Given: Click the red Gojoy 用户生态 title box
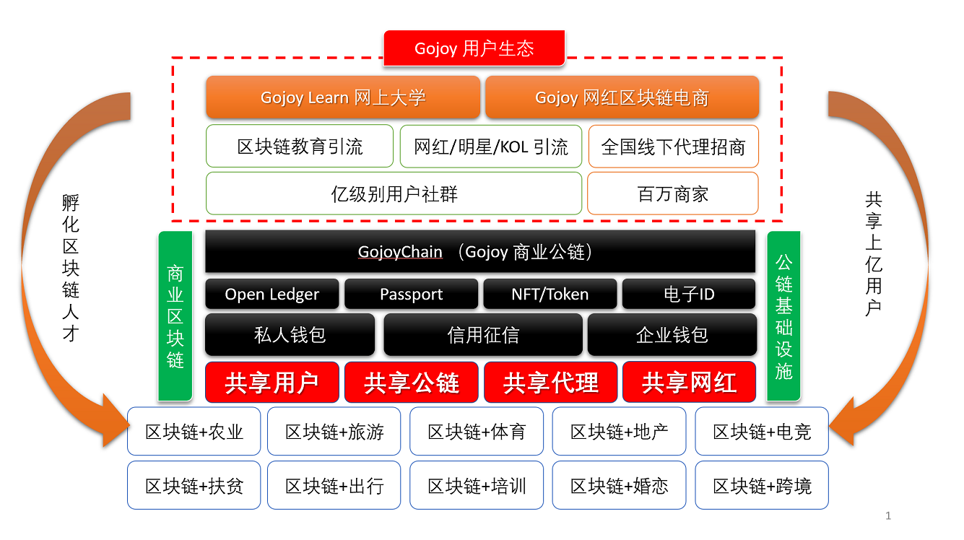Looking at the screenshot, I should click(x=474, y=48).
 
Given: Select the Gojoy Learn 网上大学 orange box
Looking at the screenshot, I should click(x=343, y=97).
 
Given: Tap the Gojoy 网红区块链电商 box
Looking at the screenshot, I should click(x=622, y=97).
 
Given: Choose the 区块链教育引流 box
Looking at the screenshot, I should click(x=300, y=147).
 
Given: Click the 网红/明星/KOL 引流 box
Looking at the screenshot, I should click(x=491, y=147).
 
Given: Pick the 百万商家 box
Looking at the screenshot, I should click(x=672, y=193).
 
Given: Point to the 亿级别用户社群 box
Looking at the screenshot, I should click(x=394, y=193).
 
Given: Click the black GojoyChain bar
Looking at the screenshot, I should click(x=480, y=252).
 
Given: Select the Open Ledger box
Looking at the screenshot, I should click(x=272, y=294).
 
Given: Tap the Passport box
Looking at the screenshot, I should click(x=411, y=294).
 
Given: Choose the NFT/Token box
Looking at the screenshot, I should click(x=550, y=294).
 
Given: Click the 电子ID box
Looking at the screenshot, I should click(x=689, y=294).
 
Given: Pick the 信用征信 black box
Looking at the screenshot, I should click(x=482, y=335).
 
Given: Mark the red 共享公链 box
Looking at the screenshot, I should click(x=411, y=383).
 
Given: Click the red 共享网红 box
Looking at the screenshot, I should click(x=689, y=383).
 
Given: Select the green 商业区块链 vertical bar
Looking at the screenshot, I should click(x=175, y=316).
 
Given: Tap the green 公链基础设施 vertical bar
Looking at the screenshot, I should click(x=783, y=316).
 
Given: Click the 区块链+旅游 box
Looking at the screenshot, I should click(x=334, y=432).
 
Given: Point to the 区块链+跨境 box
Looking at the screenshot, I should click(x=762, y=486).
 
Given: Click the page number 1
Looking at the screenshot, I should click(x=888, y=515).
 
